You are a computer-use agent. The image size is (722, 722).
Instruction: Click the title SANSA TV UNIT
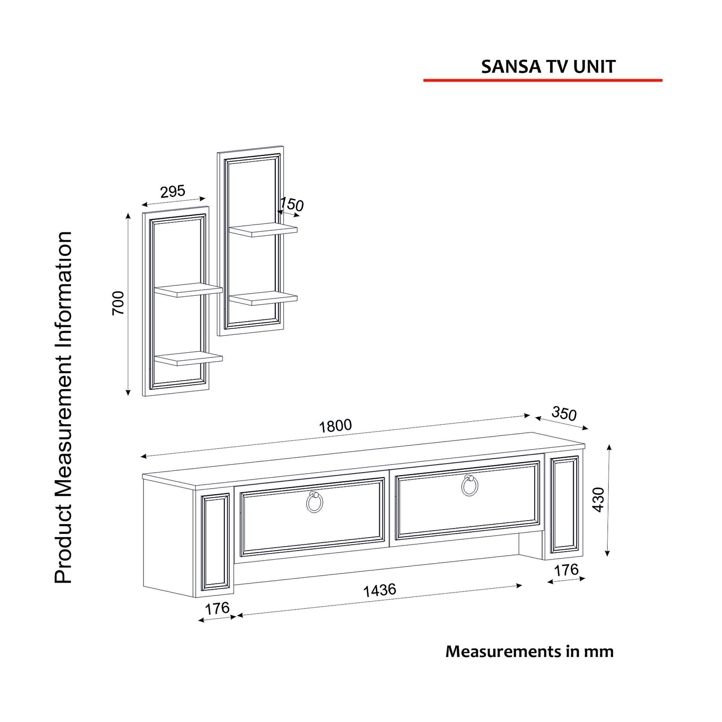click(x=548, y=66)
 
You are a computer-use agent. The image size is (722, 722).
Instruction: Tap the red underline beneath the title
click(x=543, y=80)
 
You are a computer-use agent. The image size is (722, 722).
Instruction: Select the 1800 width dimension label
click(x=335, y=426)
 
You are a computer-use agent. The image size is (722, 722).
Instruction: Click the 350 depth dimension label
click(x=564, y=414)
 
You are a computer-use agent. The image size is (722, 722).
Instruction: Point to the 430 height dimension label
click(x=599, y=500)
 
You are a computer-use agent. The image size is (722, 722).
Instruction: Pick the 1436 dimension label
click(x=380, y=590)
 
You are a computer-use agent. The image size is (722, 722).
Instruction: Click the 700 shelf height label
click(x=118, y=303)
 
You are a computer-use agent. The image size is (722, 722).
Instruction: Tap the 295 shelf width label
click(x=173, y=191)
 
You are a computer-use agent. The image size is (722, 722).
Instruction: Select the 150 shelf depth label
click(x=291, y=204)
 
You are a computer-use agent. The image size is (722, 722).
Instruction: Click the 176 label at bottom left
click(x=217, y=609)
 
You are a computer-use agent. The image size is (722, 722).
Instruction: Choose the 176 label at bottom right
click(x=566, y=570)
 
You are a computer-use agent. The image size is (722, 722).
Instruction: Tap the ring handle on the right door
click(x=470, y=485)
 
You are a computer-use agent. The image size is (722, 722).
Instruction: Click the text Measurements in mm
click(x=530, y=652)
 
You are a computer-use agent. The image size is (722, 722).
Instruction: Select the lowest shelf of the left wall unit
click(x=188, y=359)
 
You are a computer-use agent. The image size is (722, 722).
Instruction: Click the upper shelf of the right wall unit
click(x=263, y=230)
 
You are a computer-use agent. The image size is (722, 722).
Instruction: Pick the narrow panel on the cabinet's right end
click(x=564, y=505)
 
